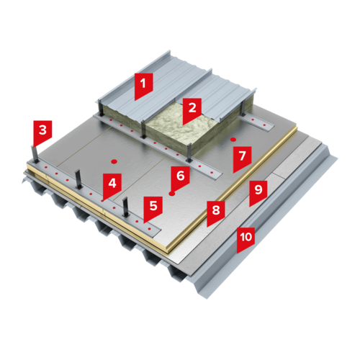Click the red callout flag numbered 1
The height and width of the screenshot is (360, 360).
click(143, 85)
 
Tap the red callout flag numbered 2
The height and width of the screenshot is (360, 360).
click(192, 109)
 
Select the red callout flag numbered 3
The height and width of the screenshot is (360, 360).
click(42, 132)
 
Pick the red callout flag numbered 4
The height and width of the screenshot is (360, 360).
click(112, 185)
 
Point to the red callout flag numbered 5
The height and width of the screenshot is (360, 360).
click(153, 208)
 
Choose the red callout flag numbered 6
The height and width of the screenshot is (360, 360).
click(180, 178)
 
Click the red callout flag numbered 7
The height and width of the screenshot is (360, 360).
click(242, 158)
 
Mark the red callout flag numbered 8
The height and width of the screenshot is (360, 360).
click(216, 212)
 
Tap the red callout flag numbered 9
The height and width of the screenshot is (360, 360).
click(258, 192)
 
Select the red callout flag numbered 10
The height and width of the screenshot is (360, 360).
click(246, 239)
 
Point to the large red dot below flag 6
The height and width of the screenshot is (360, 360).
click(171, 194)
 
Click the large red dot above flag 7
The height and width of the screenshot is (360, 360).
click(233, 139)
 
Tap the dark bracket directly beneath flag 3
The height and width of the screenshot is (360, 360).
click(35, 155)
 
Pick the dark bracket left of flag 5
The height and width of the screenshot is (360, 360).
click(126, 207)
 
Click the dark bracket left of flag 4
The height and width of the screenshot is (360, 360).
click(78, 179)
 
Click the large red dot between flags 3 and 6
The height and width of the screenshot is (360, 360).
click(114, 161)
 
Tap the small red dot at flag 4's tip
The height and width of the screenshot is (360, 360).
click(102, 201)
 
